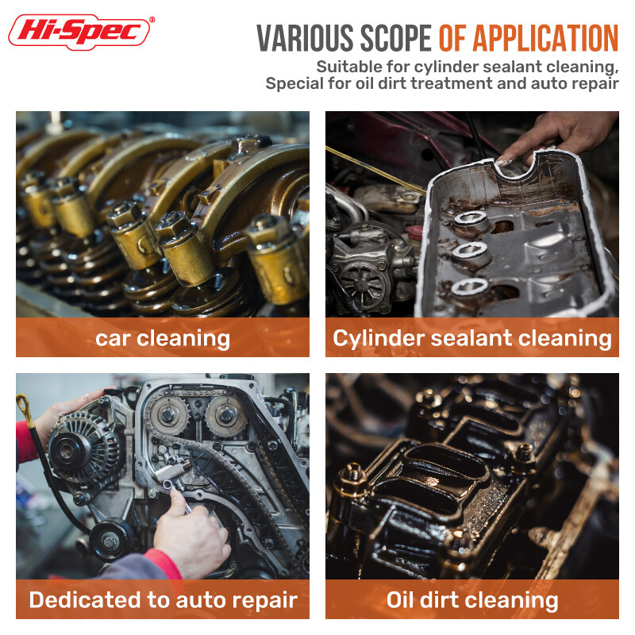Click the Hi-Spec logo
tap(79, 32)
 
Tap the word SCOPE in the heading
tap(395, 38)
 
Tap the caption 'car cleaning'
tap(163, 339)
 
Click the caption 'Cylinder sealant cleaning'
tap(472, 339)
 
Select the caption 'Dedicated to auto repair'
tap(164, 600)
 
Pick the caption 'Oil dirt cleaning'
tap(472, 600)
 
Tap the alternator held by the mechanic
tap(83, 448)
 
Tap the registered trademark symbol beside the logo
tap(152, 19)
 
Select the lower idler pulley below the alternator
tap(110, 540)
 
